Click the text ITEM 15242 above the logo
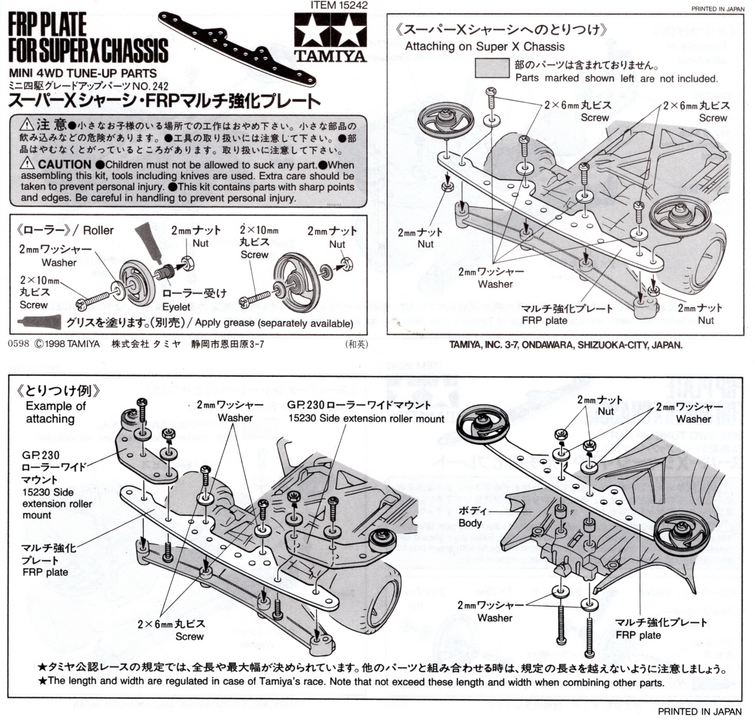pyautogui.click(x=339, y=5)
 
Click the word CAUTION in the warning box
pyautogui.click(x=64, y=165)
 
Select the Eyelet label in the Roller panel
pyautogui.click(x=176, y=307)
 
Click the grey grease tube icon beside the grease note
pyautogui.click(x=39, y=322)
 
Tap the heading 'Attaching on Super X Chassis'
pyautogui.click(x=484, y=47)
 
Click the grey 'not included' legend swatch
pyautogui.click(x=492, y=68)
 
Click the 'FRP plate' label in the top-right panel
pyautogui.click(x=544, y=320)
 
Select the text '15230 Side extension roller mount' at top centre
pyautogui.click(x=366, y=419)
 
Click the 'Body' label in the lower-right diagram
pyautogui.click(x=470, y=523)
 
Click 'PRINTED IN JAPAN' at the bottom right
pyautogui.click(x=699, y=711)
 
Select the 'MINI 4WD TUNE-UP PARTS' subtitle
pyautogui.click(x=83, y=74)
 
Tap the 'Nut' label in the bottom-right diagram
pyautogui.click(x=606, y=411)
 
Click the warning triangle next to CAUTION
pyautogui.click(x=27, y=163)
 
